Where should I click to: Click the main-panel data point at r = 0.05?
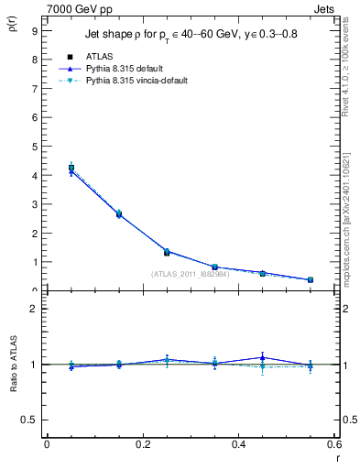coord(71,169)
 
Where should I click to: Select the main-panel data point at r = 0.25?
coord(167,252)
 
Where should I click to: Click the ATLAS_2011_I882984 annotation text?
coord(191,274)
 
